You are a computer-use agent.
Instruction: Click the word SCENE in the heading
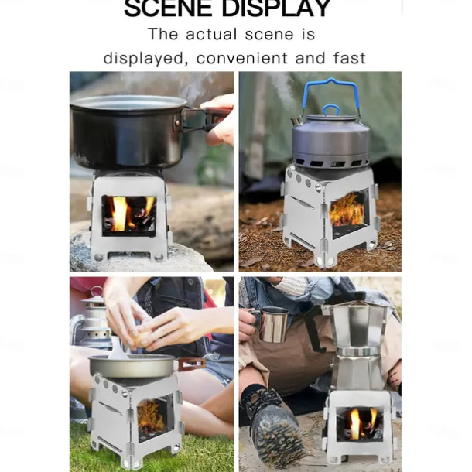pos(168,9)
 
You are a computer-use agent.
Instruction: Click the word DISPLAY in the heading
pos(276,9)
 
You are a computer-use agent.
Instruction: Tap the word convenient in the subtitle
pos(242,58)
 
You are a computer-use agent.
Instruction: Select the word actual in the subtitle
pos(211,34)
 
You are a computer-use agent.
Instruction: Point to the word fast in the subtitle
pos(349,58)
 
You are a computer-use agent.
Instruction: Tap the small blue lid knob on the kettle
pos(331,110)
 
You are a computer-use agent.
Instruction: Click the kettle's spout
pos(296,121)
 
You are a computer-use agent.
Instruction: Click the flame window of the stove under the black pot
pos(129,215)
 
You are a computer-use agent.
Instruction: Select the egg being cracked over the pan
pos(140,337)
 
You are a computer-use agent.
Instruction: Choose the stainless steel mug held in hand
pos(273,324)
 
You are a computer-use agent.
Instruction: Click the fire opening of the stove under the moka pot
pos(360,424)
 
